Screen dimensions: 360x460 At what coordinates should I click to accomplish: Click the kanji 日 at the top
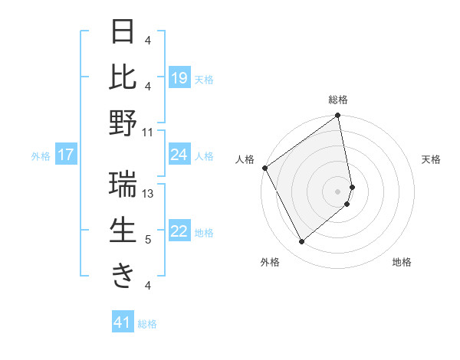123,33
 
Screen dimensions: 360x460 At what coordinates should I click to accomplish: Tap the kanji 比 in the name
123,77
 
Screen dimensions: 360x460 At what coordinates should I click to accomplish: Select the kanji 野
123,123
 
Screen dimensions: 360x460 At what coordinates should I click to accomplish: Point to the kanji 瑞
123,185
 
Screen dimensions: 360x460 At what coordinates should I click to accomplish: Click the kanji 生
123,231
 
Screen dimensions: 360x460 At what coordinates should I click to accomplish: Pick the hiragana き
123,275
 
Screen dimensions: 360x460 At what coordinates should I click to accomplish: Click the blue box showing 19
179,78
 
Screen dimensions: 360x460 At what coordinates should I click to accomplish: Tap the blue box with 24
179,155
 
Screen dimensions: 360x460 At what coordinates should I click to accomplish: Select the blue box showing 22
179,232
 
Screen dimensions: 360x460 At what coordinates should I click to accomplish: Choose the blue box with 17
65,155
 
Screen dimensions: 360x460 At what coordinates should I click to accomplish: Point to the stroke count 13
149,194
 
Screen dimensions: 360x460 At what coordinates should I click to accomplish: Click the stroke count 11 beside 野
149,132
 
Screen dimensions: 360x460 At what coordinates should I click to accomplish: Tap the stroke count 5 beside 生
149,240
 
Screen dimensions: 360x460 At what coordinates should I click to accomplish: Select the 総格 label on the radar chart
338,100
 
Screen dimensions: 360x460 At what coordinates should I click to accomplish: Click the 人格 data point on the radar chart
264,168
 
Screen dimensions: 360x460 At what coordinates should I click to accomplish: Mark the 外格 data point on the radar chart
302,242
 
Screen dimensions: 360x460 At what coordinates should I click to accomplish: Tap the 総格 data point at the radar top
338,116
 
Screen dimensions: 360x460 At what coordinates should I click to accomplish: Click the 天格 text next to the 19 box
204,79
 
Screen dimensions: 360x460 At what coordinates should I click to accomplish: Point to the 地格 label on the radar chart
402,262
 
